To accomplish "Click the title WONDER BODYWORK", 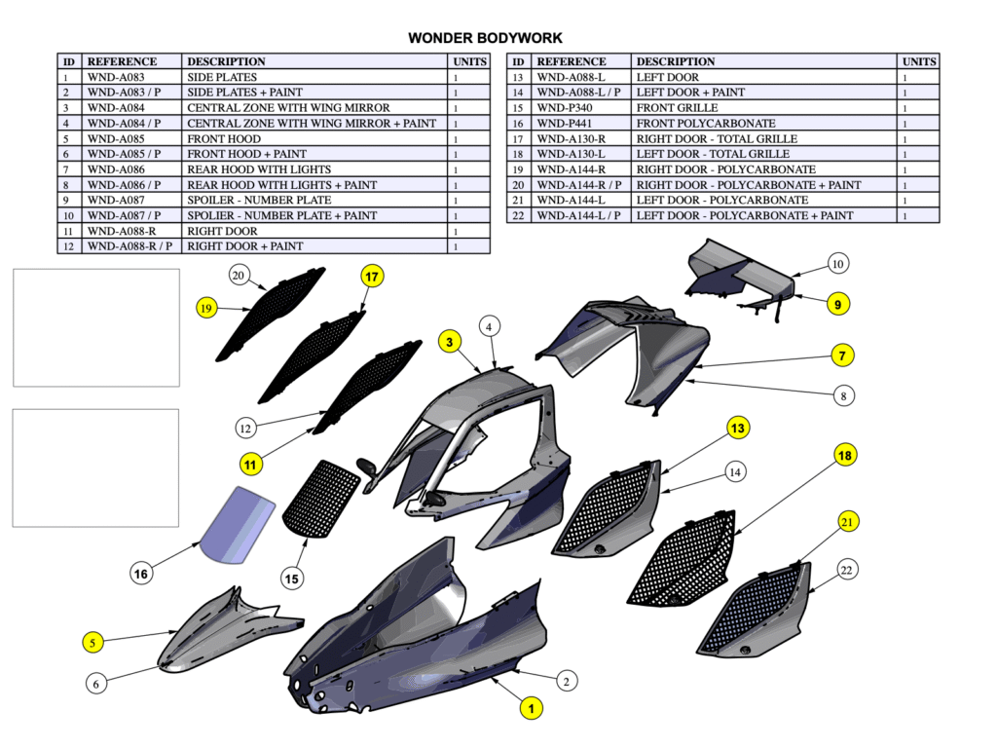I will click(485, 39).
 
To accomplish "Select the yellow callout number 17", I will click(371, 277).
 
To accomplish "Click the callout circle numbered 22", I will click(846, 570).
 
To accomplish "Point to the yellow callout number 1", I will click(531, 709).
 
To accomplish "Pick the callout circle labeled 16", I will click(141, 575).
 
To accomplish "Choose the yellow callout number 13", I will click(739, 428).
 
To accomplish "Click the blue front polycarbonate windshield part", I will click(238, 526).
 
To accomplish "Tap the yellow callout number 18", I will click(844, 456).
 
